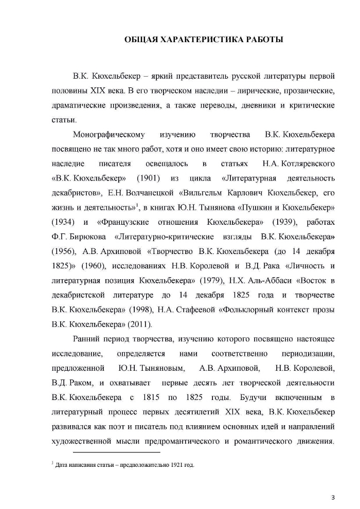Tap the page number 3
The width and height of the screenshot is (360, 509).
(x=333, y=498)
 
